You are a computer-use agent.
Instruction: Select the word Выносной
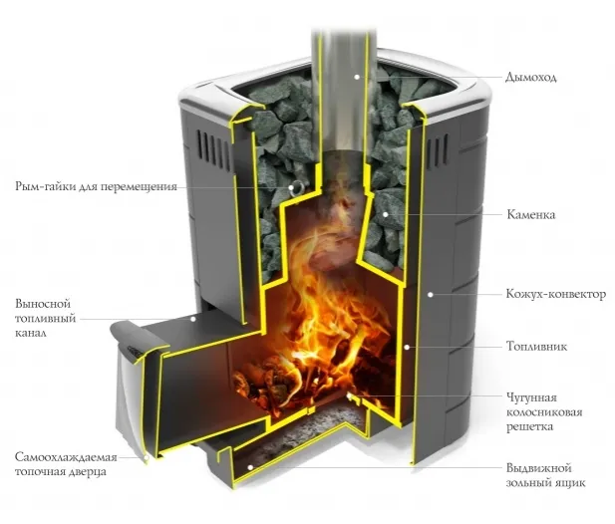(41, 303)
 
